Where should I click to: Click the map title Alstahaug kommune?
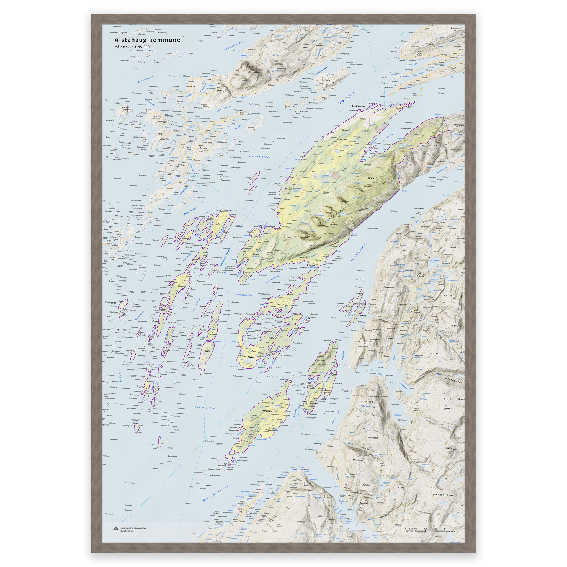point(147,40)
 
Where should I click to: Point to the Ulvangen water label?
point(346,98)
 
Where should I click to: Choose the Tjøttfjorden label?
point(205,408)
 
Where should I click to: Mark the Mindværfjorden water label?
point(216,494)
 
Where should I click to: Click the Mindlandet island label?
point(266,411)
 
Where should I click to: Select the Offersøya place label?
point(280,290)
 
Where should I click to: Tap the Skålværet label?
point(110,302)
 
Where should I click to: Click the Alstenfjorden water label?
point(259,157)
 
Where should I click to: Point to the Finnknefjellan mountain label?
point(443,495)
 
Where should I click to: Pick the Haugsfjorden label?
point(244,295)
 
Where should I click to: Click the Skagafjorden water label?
point(234,45)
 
